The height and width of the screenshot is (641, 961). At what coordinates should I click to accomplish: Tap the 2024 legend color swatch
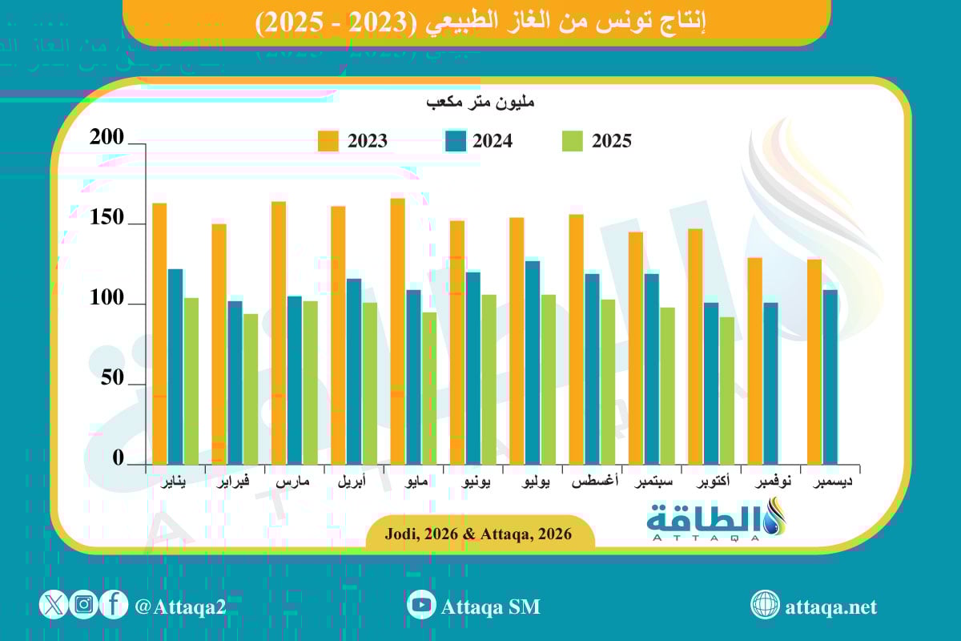pyautogui.click(x=455, y=141)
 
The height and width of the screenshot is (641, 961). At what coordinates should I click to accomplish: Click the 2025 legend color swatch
pyautogui.click(x=572, y=141)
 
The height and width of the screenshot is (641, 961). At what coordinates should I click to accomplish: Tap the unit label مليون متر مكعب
pyautogui.click(x=480, y=103)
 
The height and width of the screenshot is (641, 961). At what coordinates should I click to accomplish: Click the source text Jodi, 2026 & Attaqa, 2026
pyautogui.click(x=480, y=534)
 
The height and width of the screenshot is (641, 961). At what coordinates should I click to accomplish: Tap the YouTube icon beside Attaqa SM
pyautogui.click(x=421, y=606)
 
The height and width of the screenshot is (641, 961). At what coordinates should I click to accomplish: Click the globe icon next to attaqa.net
pyautogui.click(x=765, y=606)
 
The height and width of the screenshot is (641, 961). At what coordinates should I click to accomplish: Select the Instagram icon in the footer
pyautogui.click(x=83, y=605)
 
